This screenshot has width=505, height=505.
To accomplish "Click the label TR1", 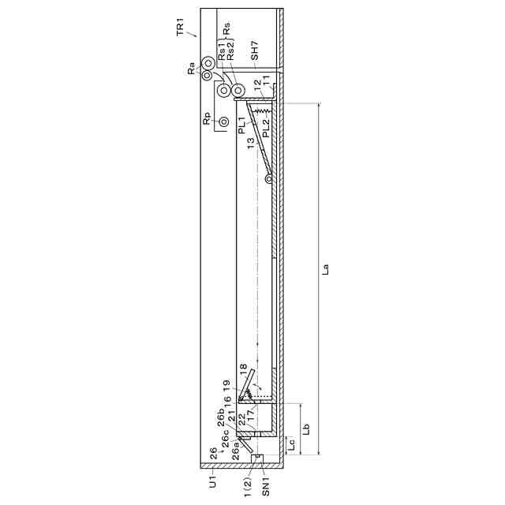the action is click(181, 27).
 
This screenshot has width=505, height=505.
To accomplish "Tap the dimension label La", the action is click(326, 269).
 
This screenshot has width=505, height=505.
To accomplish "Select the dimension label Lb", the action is click(306, 428).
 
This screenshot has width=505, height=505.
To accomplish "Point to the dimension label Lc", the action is click(291, 445).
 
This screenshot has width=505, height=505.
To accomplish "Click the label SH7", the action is click(254, 50).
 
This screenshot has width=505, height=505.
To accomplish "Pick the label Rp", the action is click(207, 118).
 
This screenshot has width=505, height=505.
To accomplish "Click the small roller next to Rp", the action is click(224, 122).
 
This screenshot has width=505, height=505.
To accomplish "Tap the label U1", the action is click(213, 482).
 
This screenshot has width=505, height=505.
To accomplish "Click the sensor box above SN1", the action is click(257, 458).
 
